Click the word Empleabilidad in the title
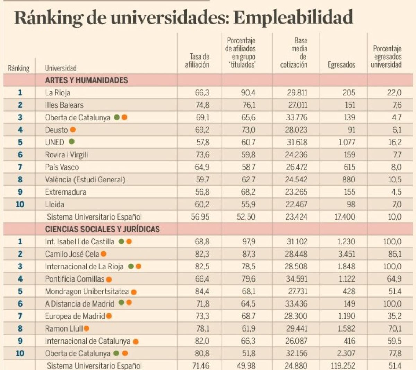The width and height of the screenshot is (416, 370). (293, 17)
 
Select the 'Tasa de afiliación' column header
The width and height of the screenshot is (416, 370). (197, 61)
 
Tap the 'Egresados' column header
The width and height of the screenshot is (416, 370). (341, 65)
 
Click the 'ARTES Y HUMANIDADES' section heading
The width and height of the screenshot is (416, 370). (86, 80)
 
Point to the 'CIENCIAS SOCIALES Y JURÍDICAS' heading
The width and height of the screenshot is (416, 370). (102, 229)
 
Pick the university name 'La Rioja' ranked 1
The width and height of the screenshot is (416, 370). (58, 93)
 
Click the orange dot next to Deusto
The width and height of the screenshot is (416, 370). (73, 130)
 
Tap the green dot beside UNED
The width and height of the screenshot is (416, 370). (71, 141)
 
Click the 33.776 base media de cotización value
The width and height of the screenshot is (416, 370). (296, 118)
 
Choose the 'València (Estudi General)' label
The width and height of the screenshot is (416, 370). (85, 180)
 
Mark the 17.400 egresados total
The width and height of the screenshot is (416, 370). (345, 217)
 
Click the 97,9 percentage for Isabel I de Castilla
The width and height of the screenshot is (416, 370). (248, 242)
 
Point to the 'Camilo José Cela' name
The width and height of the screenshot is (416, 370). (72, 254)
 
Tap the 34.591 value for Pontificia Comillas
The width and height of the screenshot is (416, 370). (296, 279)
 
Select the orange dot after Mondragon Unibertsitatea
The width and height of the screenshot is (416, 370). (134, 292)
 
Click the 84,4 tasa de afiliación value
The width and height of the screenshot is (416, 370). (202, 291)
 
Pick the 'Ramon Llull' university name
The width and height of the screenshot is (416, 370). (64, 328)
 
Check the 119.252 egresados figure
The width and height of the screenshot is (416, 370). (343, 365)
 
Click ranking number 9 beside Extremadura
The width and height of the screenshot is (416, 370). (20, 192)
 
